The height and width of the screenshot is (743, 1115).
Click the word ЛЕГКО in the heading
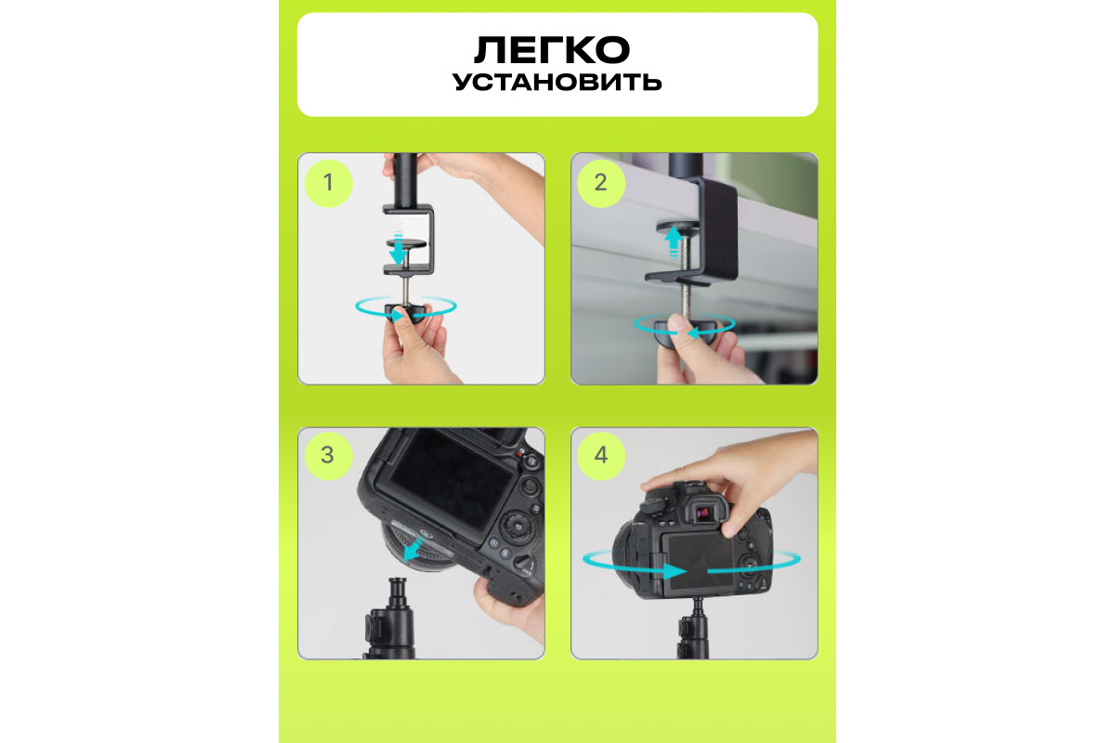[552, 50]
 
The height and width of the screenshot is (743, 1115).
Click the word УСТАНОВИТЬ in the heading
[557, 82]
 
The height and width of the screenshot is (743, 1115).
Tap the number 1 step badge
[329, 183]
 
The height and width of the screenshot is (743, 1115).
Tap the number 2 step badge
[601, 183]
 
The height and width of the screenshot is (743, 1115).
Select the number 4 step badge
[601, 455]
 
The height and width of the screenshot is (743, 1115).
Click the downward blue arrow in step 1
[398, 248]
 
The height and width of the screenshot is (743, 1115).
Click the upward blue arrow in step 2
[673, 242]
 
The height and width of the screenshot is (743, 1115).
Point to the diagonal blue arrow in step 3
[413, 550]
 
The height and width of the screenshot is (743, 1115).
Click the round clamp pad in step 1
[406, 244]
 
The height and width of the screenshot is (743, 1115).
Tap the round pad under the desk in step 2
[680, 227]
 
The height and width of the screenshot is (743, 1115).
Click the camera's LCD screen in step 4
[700, 564]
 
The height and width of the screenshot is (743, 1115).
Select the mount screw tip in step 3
[399, 581]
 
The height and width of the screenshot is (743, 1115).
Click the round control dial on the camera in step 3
[518, 527]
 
